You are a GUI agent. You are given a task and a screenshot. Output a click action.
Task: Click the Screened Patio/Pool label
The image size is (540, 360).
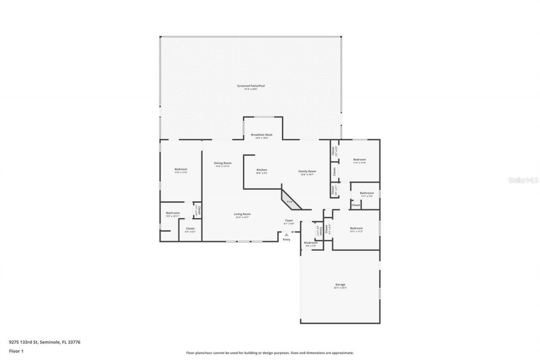point(251,86)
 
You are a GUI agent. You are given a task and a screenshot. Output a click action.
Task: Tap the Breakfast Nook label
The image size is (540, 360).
point(262,135)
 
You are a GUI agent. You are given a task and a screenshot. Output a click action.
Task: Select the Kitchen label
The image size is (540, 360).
point(262,170)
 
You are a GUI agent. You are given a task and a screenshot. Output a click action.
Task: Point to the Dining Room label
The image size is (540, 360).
point(222,163)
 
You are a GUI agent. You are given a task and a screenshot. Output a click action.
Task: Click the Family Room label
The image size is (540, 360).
point(307,171)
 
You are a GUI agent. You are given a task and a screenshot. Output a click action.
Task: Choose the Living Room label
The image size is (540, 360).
point(242,214)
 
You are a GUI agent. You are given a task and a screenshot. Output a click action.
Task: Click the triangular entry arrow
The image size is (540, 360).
point(286,234)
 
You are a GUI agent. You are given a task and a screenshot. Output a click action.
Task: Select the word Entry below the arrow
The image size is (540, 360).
point(286,240)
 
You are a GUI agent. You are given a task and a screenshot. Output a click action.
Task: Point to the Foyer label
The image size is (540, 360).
point(289,220)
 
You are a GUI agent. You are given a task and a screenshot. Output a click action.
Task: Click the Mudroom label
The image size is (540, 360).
point(310,243)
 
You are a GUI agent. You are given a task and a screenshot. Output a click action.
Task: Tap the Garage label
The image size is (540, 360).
point(340,285)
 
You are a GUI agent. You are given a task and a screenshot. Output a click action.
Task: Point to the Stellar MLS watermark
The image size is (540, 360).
point(523,180)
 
